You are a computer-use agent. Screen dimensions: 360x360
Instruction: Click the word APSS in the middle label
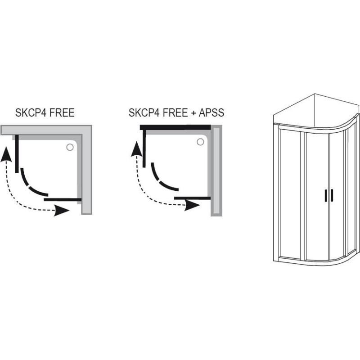click(212, 112)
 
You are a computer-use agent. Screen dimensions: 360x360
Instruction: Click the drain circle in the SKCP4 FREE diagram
click(70, 147)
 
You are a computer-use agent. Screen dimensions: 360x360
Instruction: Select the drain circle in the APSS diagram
click(200, 142)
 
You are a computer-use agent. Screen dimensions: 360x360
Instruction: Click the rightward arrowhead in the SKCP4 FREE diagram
click(62, 211)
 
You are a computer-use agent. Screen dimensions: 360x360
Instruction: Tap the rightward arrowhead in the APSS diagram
click(193, 205)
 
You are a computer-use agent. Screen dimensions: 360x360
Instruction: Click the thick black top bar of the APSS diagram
click(175, 128)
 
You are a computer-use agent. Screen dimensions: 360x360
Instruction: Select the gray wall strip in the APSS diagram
click(217, 171)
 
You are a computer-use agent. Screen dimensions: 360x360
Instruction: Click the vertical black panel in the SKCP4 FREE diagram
click(17, 153)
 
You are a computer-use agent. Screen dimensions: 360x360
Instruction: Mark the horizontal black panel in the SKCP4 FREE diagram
click(63, 198)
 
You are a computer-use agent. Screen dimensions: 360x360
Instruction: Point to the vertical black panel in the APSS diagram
click(144, 148)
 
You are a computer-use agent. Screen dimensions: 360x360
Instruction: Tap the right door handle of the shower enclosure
click(332, 195)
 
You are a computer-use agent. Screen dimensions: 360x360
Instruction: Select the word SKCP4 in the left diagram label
click(30, 112)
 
